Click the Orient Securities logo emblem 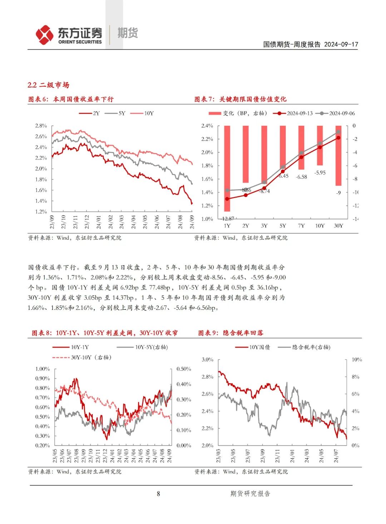(x=44, y=35)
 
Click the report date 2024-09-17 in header (x=341, y=44)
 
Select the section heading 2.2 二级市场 (x=48, y=85)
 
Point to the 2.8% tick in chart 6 (x=41, y=126)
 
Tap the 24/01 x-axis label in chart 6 (x=99, y=222)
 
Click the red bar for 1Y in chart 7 (x=227, y=168)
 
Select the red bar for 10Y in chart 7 (x=320, y=145)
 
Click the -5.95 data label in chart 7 (x=320, y=173)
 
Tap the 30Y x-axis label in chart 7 (x=338, y=226)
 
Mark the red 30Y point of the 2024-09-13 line (x=338, y=138)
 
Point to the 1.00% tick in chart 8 (x=43, y=369)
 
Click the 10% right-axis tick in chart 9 (x=357, y=360)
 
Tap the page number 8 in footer (x=158, y=494)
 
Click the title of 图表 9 (x=231, y=333)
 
